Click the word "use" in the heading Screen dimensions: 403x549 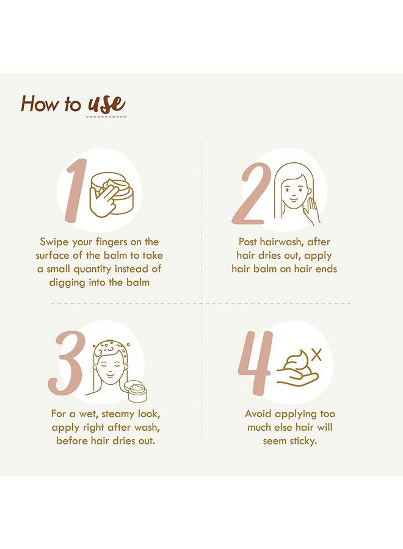[106, 103]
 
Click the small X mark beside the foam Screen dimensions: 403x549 [316, 354]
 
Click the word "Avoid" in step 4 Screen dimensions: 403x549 [259, 414]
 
